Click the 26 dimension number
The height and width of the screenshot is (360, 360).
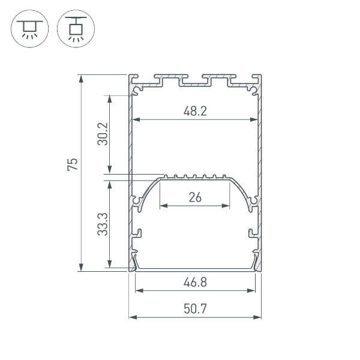pyautogui.click(x=194, y=197)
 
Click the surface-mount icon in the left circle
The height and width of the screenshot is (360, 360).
pyautogui.click(x=29, y=29)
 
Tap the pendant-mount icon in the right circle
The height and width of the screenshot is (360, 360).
pyautogui.click(x=75, y=29)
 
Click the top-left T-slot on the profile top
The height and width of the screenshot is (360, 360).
pyautogui.click(x=168, y=79)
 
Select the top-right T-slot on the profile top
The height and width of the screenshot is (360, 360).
pyautogui.click(x=214, y=79)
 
